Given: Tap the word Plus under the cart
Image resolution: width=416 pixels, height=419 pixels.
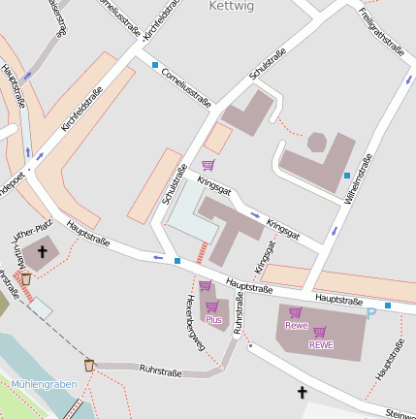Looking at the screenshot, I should tap(213, 319).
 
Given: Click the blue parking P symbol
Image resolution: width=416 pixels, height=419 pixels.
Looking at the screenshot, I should tap(370, 313).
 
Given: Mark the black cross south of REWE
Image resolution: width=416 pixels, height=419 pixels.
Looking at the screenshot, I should tap(302, 393).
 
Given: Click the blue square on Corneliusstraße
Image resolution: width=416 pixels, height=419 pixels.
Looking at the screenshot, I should tap(155, 65).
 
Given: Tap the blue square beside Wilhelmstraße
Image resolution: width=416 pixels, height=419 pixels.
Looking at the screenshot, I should tap(347, 175).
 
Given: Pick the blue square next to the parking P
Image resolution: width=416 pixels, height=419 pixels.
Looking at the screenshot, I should tap(388, 306).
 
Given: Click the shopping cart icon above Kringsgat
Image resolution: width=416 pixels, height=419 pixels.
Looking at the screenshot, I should tap(208, 164).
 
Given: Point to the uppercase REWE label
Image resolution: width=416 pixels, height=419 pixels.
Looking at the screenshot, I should tap(321, 344).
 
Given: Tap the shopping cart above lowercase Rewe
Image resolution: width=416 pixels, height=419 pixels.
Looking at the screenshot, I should tap(296, 312).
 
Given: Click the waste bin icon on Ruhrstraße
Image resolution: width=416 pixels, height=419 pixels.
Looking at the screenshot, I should tap(89, 365).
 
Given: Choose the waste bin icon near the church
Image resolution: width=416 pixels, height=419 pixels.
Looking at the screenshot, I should tap(26, 279).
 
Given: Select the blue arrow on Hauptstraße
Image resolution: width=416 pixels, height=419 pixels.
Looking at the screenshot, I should tap(158, 257).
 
